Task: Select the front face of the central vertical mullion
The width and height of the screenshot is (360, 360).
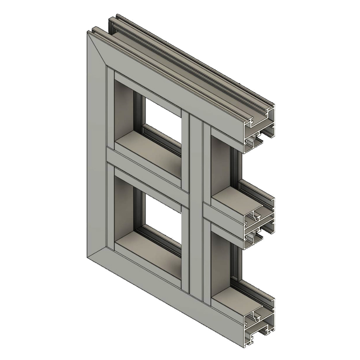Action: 195,207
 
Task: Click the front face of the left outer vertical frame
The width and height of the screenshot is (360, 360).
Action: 97,150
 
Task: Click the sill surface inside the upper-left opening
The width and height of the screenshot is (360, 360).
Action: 147,150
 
